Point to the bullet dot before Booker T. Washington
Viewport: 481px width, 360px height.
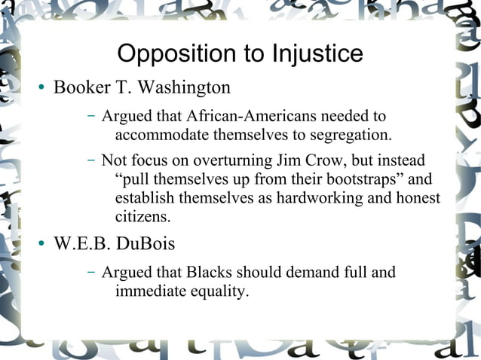(43, 88)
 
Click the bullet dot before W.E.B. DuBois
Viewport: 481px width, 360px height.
(43, 245)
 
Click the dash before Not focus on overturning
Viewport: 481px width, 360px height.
(90, 160)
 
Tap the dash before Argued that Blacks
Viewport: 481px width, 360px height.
(90, 272)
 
